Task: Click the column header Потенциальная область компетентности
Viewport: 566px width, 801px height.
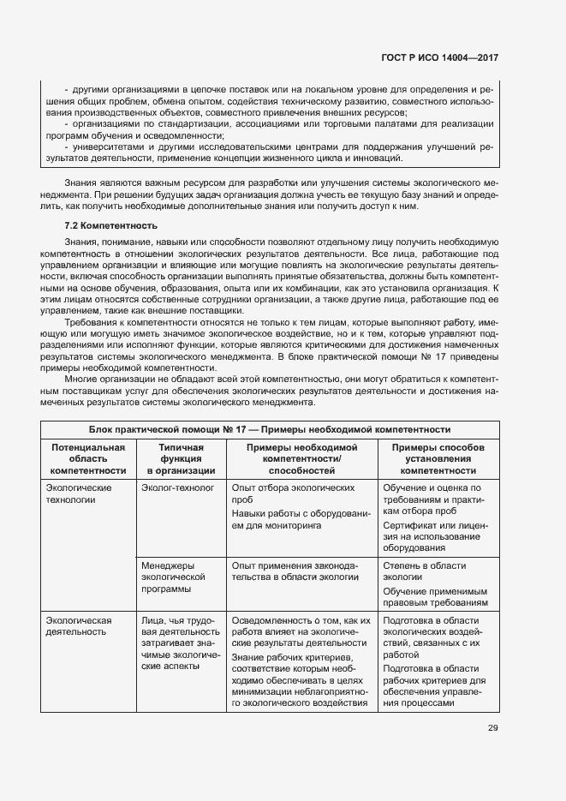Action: click(x=88, y=458)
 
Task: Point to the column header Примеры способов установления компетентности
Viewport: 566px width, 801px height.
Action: click(x=438, y=458)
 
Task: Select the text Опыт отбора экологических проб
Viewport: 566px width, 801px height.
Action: click(x=293, y=493)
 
